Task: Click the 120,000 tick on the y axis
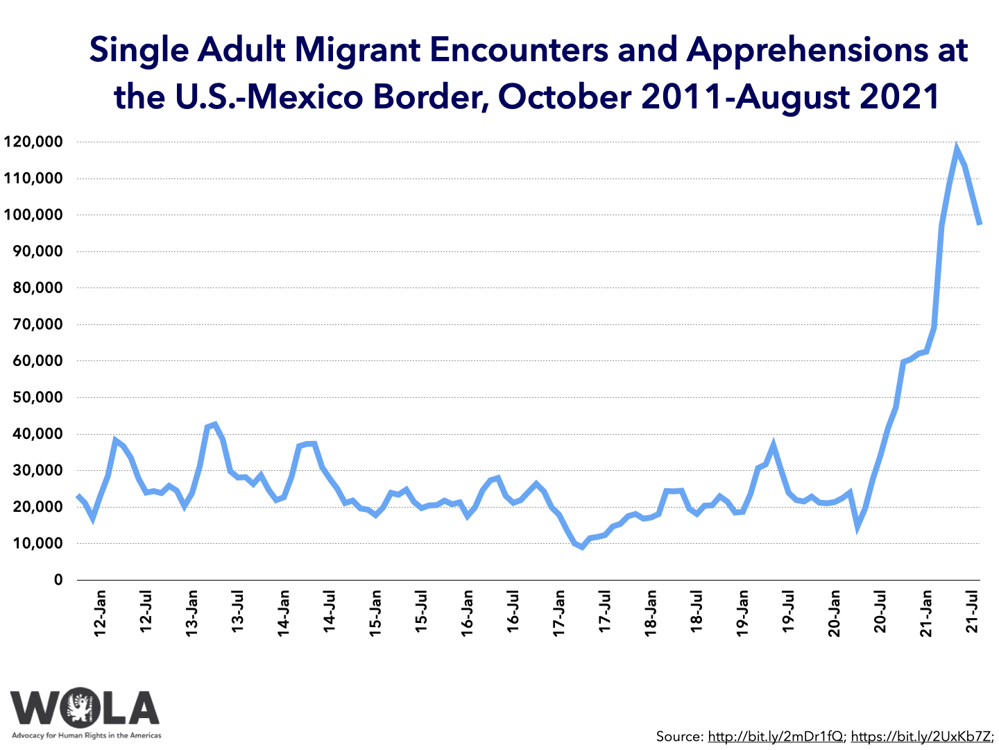33,142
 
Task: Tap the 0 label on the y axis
58,580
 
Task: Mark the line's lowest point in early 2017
582,547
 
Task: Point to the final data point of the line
979,224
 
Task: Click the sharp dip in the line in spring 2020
857,527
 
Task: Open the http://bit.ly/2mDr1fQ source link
775,737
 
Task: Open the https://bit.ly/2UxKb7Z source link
921,737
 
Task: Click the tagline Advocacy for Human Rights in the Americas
87,735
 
